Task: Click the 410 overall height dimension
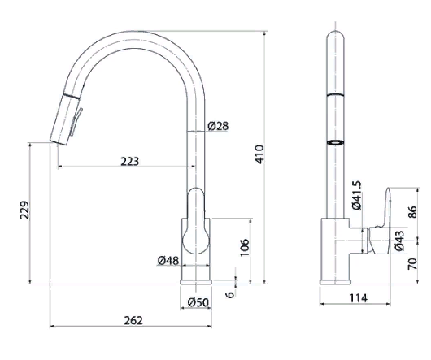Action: coord(259,154)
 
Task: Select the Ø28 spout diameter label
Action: coord(218,126)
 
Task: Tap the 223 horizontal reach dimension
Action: coord(130,161)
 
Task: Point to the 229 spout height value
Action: coord(24,210)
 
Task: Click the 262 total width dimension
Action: coord(133,320)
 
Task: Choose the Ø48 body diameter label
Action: coord(168,260)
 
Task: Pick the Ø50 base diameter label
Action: coord(198,302)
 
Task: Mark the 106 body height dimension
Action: coord(245,247)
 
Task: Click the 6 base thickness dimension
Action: coord(230,295)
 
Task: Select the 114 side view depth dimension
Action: coord(358,297)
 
